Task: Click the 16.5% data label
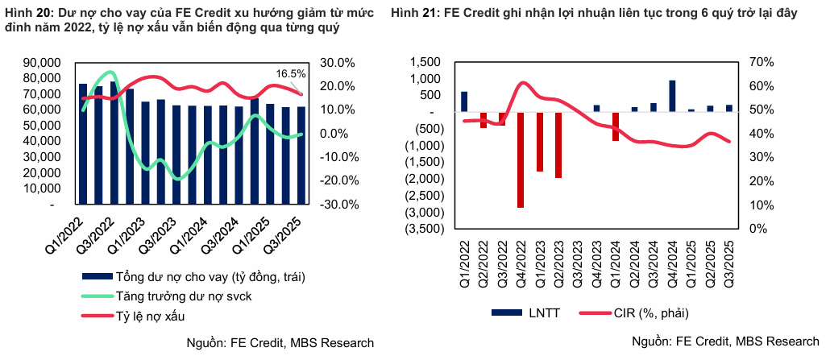(289, 72)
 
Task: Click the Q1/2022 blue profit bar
(464, 101)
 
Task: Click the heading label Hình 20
(28, 13)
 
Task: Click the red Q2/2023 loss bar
(558, 144)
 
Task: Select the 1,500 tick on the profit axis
(425, 63)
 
